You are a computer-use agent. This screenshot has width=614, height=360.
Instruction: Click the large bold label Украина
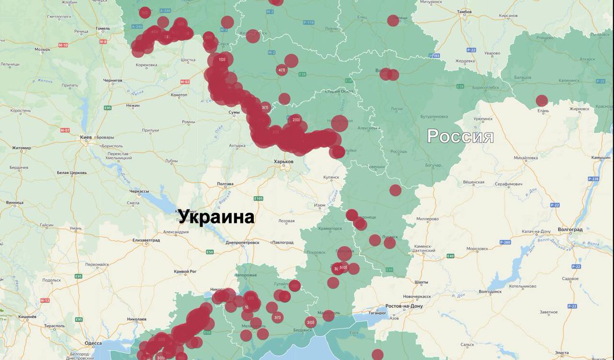coord(216,217)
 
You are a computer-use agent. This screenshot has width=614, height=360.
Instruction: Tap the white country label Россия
coord(460,137)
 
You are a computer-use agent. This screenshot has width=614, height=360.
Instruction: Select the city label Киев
coord(85,138)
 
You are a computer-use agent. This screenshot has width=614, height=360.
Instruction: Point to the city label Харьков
coord(284,162)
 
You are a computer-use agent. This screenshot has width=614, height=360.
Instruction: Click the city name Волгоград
coord(570,230)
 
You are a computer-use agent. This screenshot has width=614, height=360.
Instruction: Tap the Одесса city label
coord(93,343)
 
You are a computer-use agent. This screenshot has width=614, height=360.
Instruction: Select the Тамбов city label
coord(464,11)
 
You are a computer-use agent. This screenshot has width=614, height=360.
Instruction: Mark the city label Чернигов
coord(113,80)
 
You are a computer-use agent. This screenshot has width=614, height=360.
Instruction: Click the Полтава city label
coord(225,184)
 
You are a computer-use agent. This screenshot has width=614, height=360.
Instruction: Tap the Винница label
coord(15,202)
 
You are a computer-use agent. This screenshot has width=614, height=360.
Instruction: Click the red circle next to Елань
coord(541,101)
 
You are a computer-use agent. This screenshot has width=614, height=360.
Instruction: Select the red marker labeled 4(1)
coord(281,70)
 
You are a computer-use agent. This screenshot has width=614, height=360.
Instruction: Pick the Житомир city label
coord(21,148)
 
